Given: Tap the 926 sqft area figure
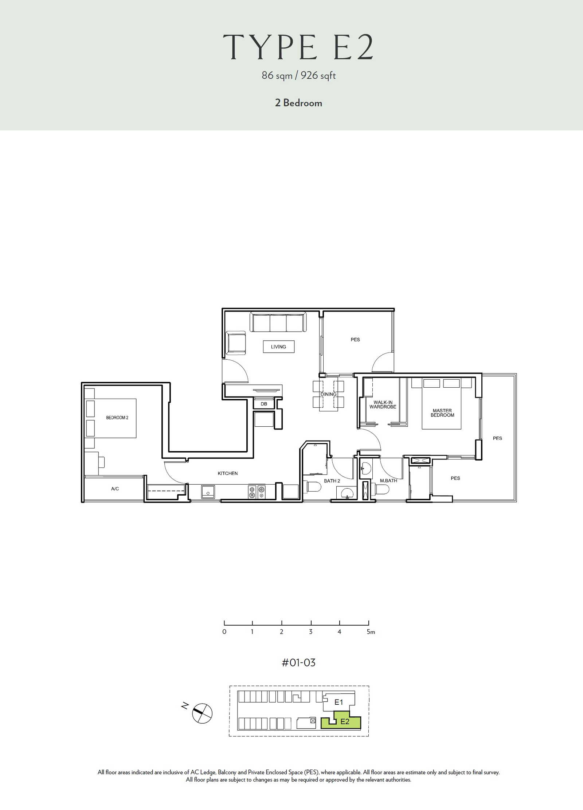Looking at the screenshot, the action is click(318, 75).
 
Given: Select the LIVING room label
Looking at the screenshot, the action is click(278, 347).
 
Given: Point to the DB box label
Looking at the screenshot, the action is click(264, 404).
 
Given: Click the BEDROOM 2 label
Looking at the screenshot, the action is click(117, 418).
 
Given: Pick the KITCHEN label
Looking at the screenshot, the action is click(228, 473).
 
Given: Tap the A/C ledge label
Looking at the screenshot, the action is click(115, 489).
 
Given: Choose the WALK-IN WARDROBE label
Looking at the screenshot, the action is click(383, 404).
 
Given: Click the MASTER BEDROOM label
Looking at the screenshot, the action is click(442, 413).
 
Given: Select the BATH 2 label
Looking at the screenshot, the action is click(332, 481).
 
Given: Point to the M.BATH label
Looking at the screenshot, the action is click(388, 481).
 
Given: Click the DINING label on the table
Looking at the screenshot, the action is click(328, 394).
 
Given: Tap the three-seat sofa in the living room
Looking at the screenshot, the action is click(278, 322).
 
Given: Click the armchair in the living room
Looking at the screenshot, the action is click(236, 343).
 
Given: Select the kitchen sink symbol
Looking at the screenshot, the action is click(208, 492).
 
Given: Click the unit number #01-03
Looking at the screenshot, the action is click(298, 662).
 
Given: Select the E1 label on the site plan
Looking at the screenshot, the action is click(339, 702).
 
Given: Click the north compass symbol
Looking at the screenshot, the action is click(202, 713).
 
